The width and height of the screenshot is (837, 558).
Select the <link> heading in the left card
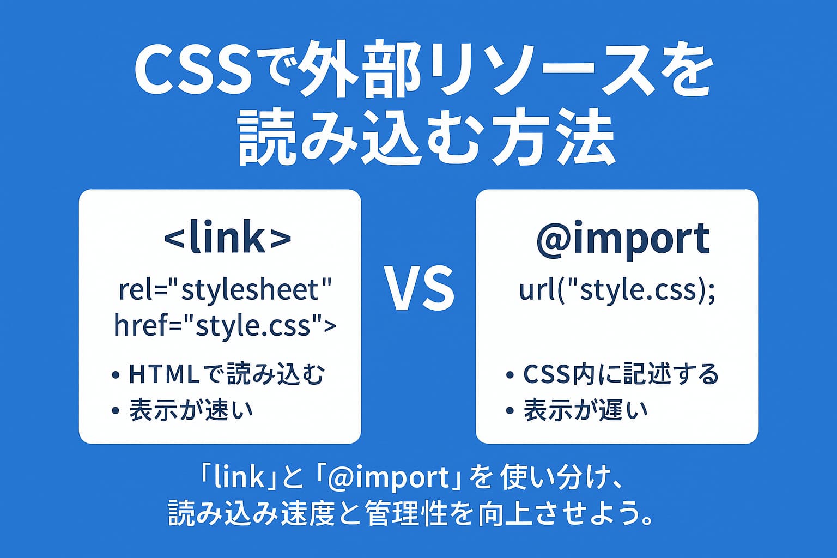point(227,239)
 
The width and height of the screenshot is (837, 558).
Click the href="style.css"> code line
point(225,325)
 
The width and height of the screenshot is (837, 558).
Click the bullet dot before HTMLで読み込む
point(115,375)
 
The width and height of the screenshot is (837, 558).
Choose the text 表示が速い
point(191,410)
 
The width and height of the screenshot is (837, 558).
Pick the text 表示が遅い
point(586,410)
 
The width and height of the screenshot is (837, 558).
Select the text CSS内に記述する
point(621,374)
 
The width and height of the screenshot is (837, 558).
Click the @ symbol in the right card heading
point(554,240)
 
